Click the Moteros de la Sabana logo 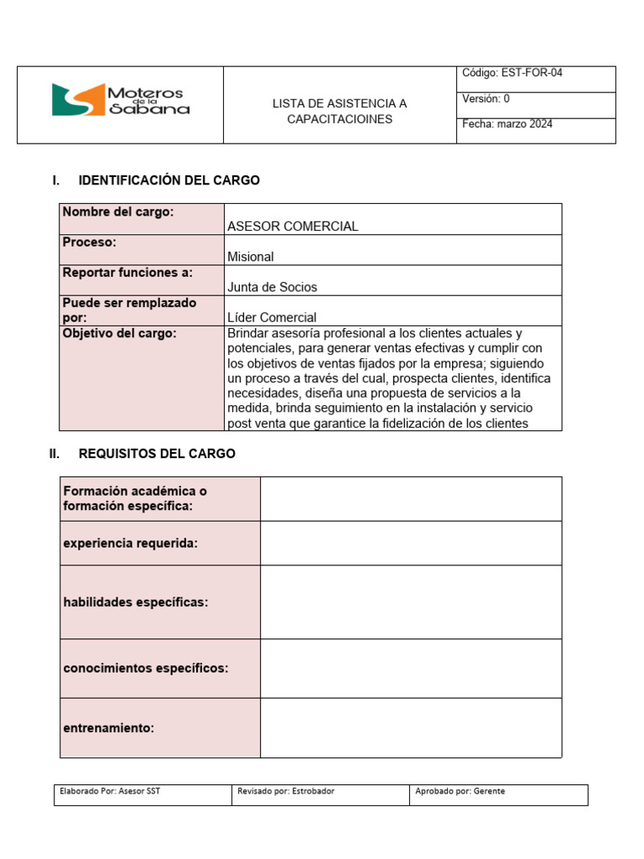(121, 100)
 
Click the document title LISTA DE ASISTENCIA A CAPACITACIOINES (339, 111)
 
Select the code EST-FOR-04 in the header (512, 73)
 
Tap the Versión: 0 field (486, 98)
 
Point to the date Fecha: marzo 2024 (507, 124)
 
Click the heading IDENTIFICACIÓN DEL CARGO (169, 180)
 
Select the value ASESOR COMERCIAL (293, 226)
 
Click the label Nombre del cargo (118, 212)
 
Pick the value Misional (251, 257)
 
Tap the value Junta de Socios (273, 287)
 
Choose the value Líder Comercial (272, 317)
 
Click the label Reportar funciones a (127, 273)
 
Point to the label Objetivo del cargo (120, 333)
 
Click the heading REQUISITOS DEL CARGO (157, 454)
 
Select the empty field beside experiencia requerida (411, 543)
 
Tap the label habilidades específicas (136, 602)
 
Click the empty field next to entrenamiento (411, 728)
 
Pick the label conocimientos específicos (146, 669)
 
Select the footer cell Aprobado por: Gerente (459, 791)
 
